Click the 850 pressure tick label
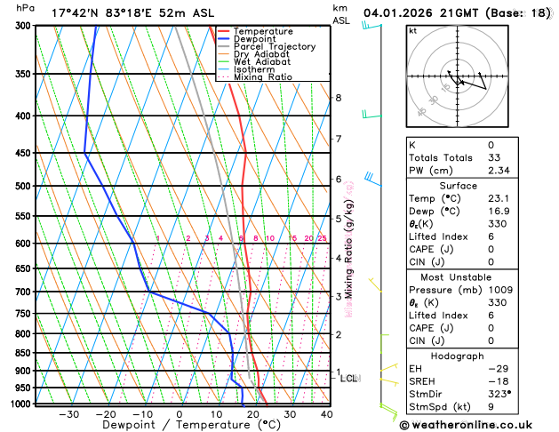click(x=24, y=353)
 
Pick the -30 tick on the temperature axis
click(x=68, y=414)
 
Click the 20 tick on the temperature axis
click(x=253, y=414)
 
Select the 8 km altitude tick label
click(x=338, y=98)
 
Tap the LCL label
click(x=348, y=379)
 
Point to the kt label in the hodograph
click(x=412, y=31)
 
